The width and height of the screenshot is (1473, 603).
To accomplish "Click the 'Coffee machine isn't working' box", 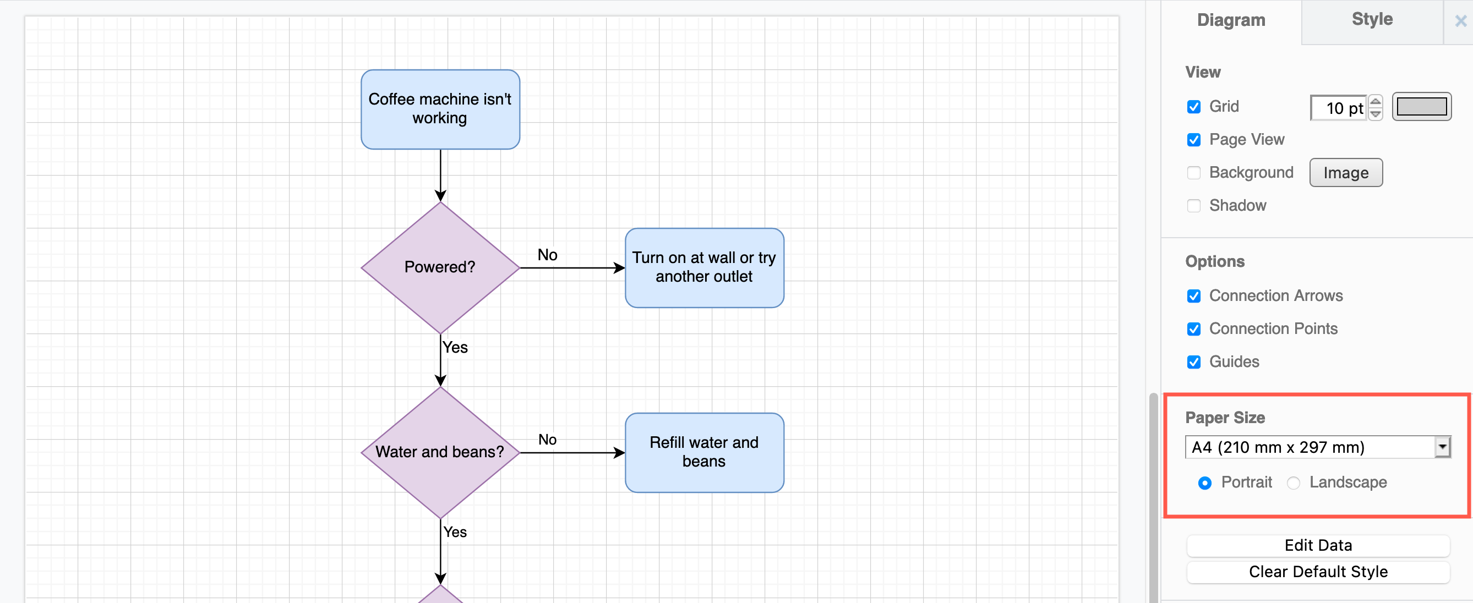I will (x=440, y=108).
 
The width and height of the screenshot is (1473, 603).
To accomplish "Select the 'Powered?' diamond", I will (x=440, y=267).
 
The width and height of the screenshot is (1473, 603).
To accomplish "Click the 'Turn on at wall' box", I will (x=704, y=267).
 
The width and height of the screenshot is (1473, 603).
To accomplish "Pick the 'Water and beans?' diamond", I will (x=440, y=452).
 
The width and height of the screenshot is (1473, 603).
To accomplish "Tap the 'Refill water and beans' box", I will (x=704, y=452).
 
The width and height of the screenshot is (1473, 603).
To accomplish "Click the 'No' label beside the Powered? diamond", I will (x=547, y=255).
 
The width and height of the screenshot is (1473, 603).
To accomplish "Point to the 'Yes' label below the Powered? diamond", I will (x=455, y=347).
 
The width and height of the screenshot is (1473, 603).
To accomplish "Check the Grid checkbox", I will (x=1193, y=107).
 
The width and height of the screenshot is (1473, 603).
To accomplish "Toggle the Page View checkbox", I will (x=1193, y=140).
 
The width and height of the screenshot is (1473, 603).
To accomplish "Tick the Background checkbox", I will (x=1193, y=173).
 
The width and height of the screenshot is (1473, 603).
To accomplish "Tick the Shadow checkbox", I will (x=1193, y=206).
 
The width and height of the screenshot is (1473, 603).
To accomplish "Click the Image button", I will (x=1345, y=173).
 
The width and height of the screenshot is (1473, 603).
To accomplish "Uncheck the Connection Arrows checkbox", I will (x=1193, y=296).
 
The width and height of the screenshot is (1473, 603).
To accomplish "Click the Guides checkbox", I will (x=1193, y=362).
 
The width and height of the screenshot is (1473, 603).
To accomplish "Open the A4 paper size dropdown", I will (x=1317, y=447).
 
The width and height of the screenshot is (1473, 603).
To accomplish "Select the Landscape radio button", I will (x=1293, y=483).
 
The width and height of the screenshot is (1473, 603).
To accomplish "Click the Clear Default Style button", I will (x=1317, y=572).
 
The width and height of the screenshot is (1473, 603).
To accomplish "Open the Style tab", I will (x=1371, y=19).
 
